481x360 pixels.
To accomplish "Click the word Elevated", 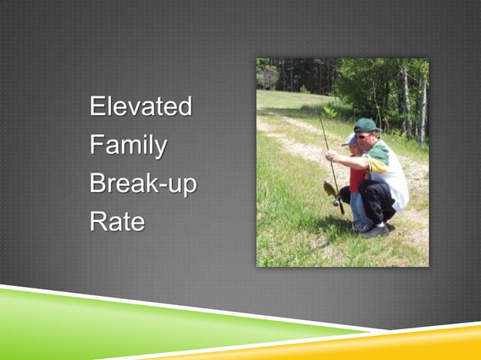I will tap(140, 106).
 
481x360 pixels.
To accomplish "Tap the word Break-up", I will tap(143, 183).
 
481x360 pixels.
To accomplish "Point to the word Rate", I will tap(117, 221).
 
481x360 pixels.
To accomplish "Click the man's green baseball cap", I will tap(367, 125).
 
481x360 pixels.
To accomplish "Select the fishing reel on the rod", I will tap(336, 202).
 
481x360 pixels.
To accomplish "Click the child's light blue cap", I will tap(350, 140).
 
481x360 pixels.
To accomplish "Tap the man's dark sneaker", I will tap(374, 230).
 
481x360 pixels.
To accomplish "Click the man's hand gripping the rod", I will tap(332, 155).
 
